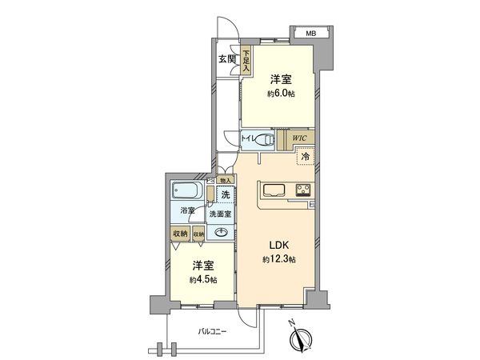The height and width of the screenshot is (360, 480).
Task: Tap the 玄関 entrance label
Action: (226, 60)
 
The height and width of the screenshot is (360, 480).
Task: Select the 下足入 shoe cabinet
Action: (246, 62)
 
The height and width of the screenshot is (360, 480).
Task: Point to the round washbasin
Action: (221, 233)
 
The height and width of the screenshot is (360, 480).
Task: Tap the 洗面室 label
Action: (220, 214)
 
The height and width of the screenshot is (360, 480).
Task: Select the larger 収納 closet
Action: (178, 234)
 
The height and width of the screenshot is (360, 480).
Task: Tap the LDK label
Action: (278, 244)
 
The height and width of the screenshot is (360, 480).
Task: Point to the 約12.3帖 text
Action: (279, 260)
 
